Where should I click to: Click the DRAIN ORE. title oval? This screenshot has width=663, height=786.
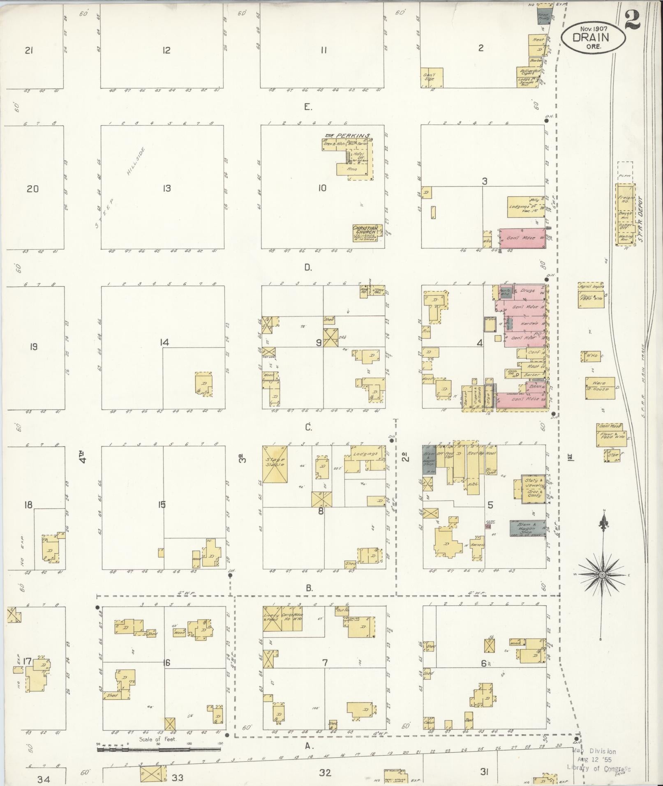[x=593, y=37]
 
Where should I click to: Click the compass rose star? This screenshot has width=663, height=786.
[x=602, y=574]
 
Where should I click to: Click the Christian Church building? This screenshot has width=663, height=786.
[x=366, y=233]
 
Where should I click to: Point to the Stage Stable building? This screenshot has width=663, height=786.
[x=275, y=464]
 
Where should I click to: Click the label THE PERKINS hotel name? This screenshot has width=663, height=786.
[x=348, y=136]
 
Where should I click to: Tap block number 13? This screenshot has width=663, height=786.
[x=166, y=189]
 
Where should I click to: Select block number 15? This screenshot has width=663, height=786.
[x=162, y=504]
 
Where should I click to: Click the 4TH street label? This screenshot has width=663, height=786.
[x=83, y=457]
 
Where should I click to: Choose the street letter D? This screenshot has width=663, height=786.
[x=308, y=267]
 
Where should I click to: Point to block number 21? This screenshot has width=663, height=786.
[x=29, y=51]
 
